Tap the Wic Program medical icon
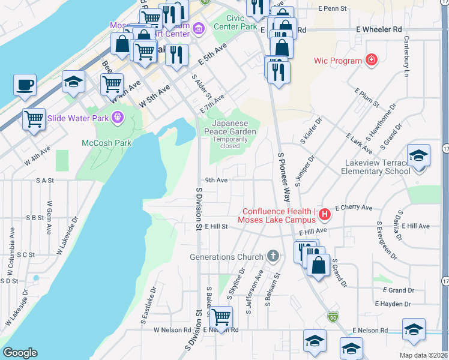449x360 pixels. point(372,60)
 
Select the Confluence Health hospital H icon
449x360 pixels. point(325,214)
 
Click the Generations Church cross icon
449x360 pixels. point(273,257)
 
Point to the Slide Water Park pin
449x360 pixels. point(117,118)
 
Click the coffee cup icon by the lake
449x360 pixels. point(25,85)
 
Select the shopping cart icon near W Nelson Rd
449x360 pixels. point(221,316)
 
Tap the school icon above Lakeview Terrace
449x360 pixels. point(418,156)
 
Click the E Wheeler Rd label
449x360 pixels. point(378,29)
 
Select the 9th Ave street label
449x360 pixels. point(216,179)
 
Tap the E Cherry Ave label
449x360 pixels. point(354,208)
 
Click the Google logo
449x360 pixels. point(20,353)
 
